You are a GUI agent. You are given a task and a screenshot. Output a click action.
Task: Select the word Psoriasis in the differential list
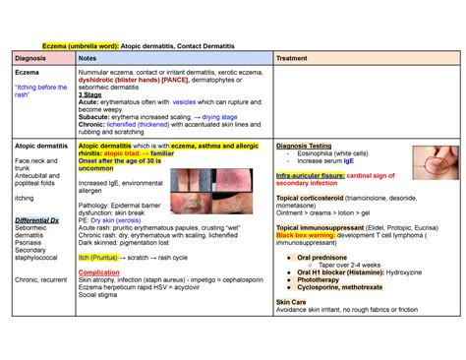[31, 242]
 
